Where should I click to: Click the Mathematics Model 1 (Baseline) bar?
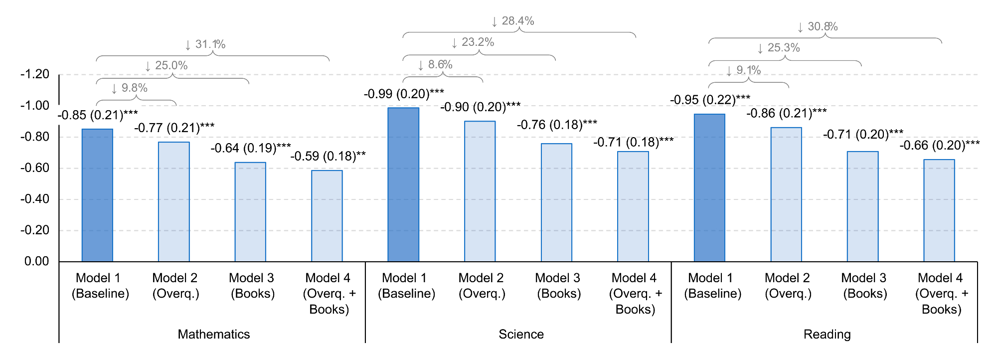tap(97, 195)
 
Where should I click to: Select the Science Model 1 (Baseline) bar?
tap(403, 184)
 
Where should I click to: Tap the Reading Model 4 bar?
tap(939, 210)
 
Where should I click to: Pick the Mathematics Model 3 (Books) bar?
tap(250, 212)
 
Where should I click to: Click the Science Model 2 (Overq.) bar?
tap(480, 191)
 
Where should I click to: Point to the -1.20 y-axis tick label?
tap(35, 74)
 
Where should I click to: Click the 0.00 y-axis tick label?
tap(37, 261)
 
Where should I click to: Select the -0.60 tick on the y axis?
tap(35, 168)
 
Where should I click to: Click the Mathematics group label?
tap(214, 334)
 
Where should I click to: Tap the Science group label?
tap(521, 334)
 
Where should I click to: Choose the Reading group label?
tap(827, 334)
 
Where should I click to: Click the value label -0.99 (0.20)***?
tap(404, 94)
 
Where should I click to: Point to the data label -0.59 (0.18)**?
tap(328, 156)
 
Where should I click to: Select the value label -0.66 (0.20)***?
tap(939, 145)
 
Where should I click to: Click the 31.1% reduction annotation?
tap(205, 44)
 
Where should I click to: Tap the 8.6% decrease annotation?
tap(435, 65)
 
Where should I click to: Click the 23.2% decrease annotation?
tap(473, 42)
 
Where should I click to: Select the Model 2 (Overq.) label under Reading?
tap(788, 286)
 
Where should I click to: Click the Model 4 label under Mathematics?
tap(329, 293)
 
